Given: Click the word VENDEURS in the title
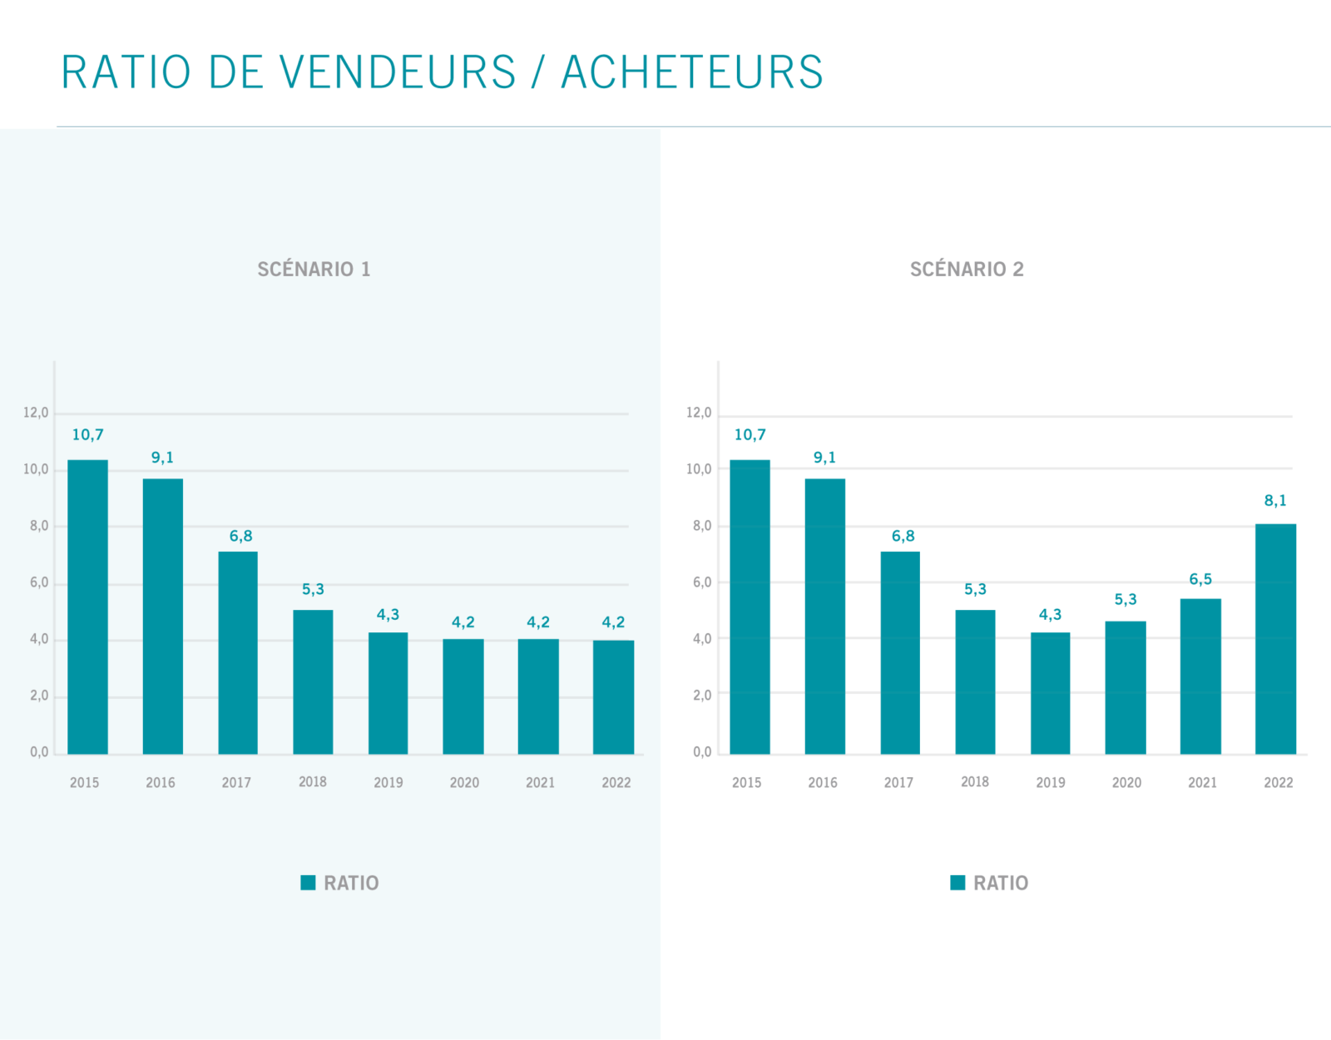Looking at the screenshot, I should coord(398,72).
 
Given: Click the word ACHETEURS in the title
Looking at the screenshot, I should coord(692,72).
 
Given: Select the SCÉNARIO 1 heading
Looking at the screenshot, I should coord(314,270).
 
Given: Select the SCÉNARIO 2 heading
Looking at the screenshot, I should coord(967,270).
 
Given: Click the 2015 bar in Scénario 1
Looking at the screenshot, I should coord(87,607).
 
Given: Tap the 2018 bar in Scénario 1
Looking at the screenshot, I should coord(313,682).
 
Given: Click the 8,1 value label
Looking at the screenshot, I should coord(1275,501).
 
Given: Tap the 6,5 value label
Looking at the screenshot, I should coord(1200,579).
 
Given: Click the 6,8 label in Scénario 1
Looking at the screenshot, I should coord(240,537).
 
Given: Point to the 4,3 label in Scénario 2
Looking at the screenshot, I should coord(1050,615).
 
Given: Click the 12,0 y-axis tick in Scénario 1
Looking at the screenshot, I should coord(36,413).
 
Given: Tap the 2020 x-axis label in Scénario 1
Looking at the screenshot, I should coord(464,783).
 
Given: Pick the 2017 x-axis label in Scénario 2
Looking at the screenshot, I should coord(898,783).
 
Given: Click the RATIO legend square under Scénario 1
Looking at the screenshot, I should coord(308,883).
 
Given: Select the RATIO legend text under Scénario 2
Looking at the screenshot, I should coord(1001,883).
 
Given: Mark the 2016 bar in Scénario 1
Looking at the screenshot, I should coord(163,617).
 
